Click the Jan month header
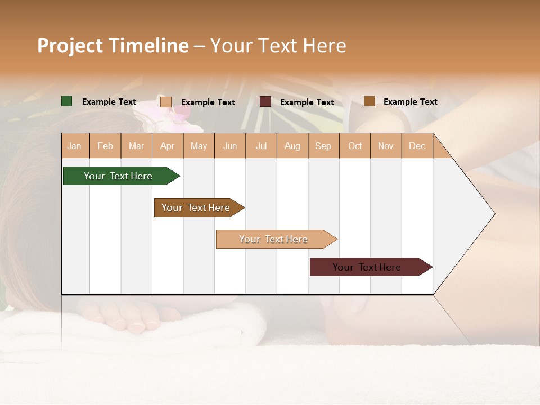74,146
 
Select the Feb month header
105,146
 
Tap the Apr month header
167,146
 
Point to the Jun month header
230,146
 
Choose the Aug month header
292,146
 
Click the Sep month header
323,146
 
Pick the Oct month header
355,146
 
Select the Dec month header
417,146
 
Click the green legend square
67,101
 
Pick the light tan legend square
165,102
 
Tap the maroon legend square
265,102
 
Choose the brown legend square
369,101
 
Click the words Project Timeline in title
112,46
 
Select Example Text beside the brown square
410,102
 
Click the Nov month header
386,146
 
